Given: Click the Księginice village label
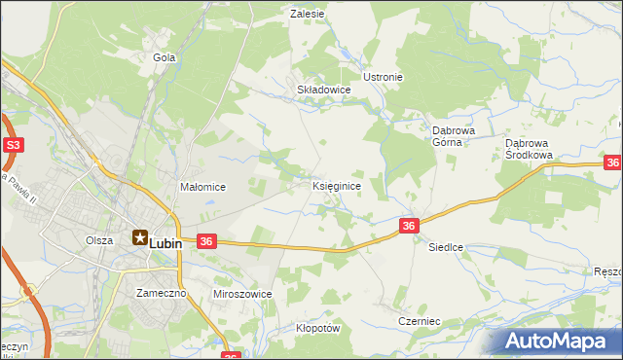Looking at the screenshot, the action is click(338, 185).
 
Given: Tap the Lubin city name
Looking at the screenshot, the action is click(165, 244).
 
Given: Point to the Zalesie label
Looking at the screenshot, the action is click(308, 14).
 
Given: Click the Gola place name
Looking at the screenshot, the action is click(164, 57).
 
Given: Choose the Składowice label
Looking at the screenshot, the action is click(323, 89).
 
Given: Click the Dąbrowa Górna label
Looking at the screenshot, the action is click(452, 134).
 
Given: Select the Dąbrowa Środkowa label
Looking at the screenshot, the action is click(530, 148).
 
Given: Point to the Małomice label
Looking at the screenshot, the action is click(203, 187).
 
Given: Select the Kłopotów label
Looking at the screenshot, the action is click(317, 328).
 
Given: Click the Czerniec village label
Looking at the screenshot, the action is click(420, 320).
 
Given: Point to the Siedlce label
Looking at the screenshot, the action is click(446, 247).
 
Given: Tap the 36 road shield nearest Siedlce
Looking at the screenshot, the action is click(409, 226).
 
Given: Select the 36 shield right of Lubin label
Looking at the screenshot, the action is click(205, 240).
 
